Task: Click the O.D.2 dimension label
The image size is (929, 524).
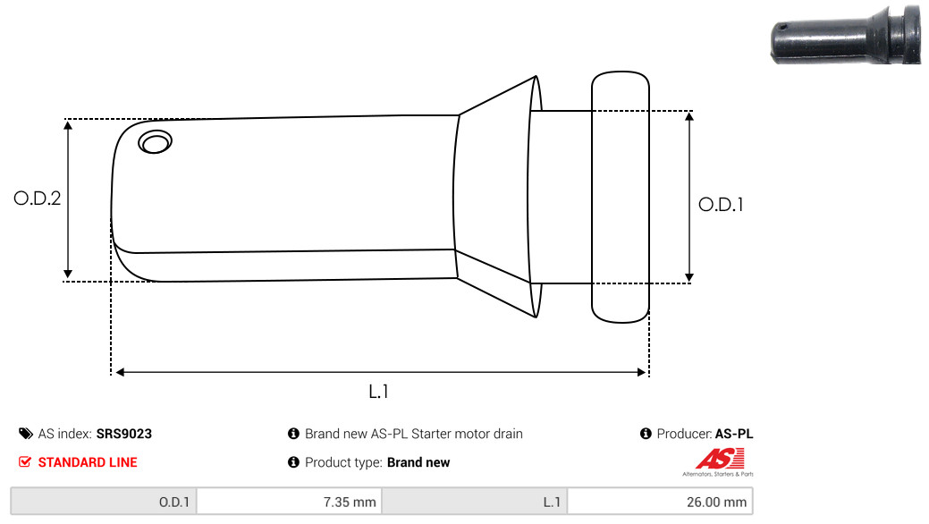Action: (37, 199)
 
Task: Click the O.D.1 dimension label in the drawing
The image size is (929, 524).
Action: (721, 204)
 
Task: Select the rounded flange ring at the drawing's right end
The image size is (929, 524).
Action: (620, 197)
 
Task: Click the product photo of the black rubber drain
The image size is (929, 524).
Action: (845, 36)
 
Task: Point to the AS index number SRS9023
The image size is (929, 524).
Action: (124, 434)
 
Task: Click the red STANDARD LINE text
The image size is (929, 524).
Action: (88, 462)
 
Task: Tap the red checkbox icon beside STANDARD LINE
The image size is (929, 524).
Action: (25, 462)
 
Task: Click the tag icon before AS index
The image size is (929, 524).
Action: (25, 434)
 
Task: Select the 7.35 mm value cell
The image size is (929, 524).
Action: (289, 502)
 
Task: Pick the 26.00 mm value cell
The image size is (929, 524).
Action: (660, 502)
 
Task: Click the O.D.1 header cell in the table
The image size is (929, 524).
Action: (104, 502)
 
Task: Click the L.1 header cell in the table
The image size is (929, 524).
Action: (475, 502)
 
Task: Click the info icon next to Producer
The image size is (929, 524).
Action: (646, 434)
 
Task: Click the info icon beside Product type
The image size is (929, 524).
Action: (293, 462)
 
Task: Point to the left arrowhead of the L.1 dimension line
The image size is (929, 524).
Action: (120, 371)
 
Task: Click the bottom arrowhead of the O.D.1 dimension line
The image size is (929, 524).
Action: (688, 276)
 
